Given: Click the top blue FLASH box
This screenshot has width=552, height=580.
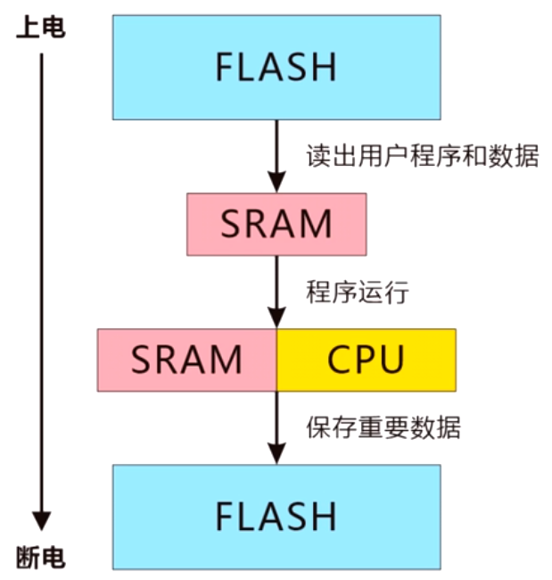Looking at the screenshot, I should pos(276,67).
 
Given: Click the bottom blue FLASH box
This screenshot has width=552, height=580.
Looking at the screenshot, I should pos(276,516).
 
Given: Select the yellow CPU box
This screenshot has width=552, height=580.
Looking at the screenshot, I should pos(367,360).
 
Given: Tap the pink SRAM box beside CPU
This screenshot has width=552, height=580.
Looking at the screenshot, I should pos(186,360).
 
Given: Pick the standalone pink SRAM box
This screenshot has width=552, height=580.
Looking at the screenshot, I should pos(276,223).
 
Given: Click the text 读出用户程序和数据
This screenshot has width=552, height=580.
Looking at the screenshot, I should pos(422,156).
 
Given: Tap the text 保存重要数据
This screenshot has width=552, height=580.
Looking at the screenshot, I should pos(383,427).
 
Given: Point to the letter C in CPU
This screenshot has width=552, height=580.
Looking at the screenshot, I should pos(340,360).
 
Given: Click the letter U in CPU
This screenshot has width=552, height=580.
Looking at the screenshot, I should pos(391,360).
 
